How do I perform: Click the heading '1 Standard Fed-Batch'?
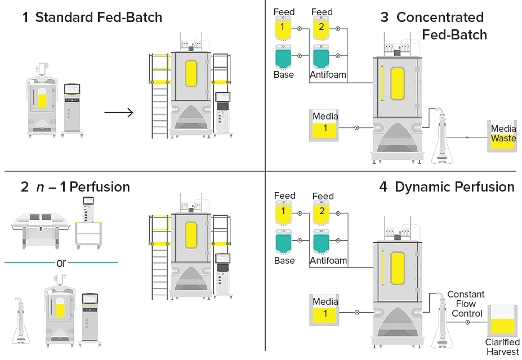92,17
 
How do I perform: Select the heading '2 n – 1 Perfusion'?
75,186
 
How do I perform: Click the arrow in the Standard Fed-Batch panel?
119,113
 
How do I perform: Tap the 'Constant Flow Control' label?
466,304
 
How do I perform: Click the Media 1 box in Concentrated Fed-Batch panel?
325,126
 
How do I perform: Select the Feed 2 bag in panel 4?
322,213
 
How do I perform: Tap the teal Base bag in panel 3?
283,57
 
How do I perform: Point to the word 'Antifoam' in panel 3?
328,75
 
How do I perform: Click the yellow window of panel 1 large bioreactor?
191,74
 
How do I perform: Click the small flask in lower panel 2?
21,318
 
